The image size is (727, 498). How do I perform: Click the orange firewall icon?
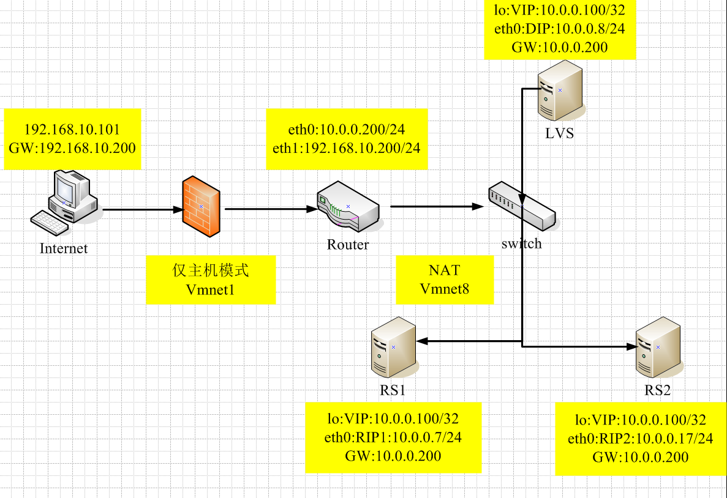201,207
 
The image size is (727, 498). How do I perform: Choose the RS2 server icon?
657,347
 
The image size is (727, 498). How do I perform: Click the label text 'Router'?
348,245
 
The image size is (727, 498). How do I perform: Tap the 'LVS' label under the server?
560,133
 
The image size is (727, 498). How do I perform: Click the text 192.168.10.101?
72,130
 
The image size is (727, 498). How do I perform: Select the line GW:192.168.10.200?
72,147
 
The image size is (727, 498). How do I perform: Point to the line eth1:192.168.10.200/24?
347,147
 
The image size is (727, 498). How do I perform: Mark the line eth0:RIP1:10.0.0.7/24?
393,437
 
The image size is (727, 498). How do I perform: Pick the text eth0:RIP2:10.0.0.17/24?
641,439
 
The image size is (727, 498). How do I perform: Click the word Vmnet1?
210,289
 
